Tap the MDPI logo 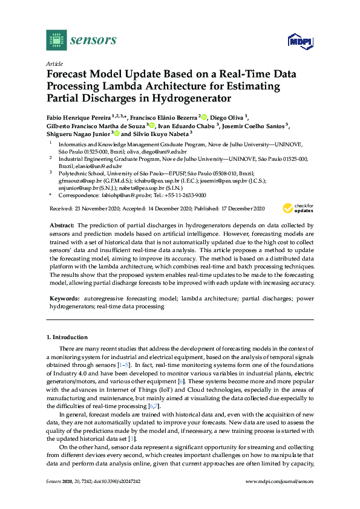(303, 41)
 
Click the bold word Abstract (62, 224)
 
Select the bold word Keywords (64, 299)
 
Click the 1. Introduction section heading (67, 337)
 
